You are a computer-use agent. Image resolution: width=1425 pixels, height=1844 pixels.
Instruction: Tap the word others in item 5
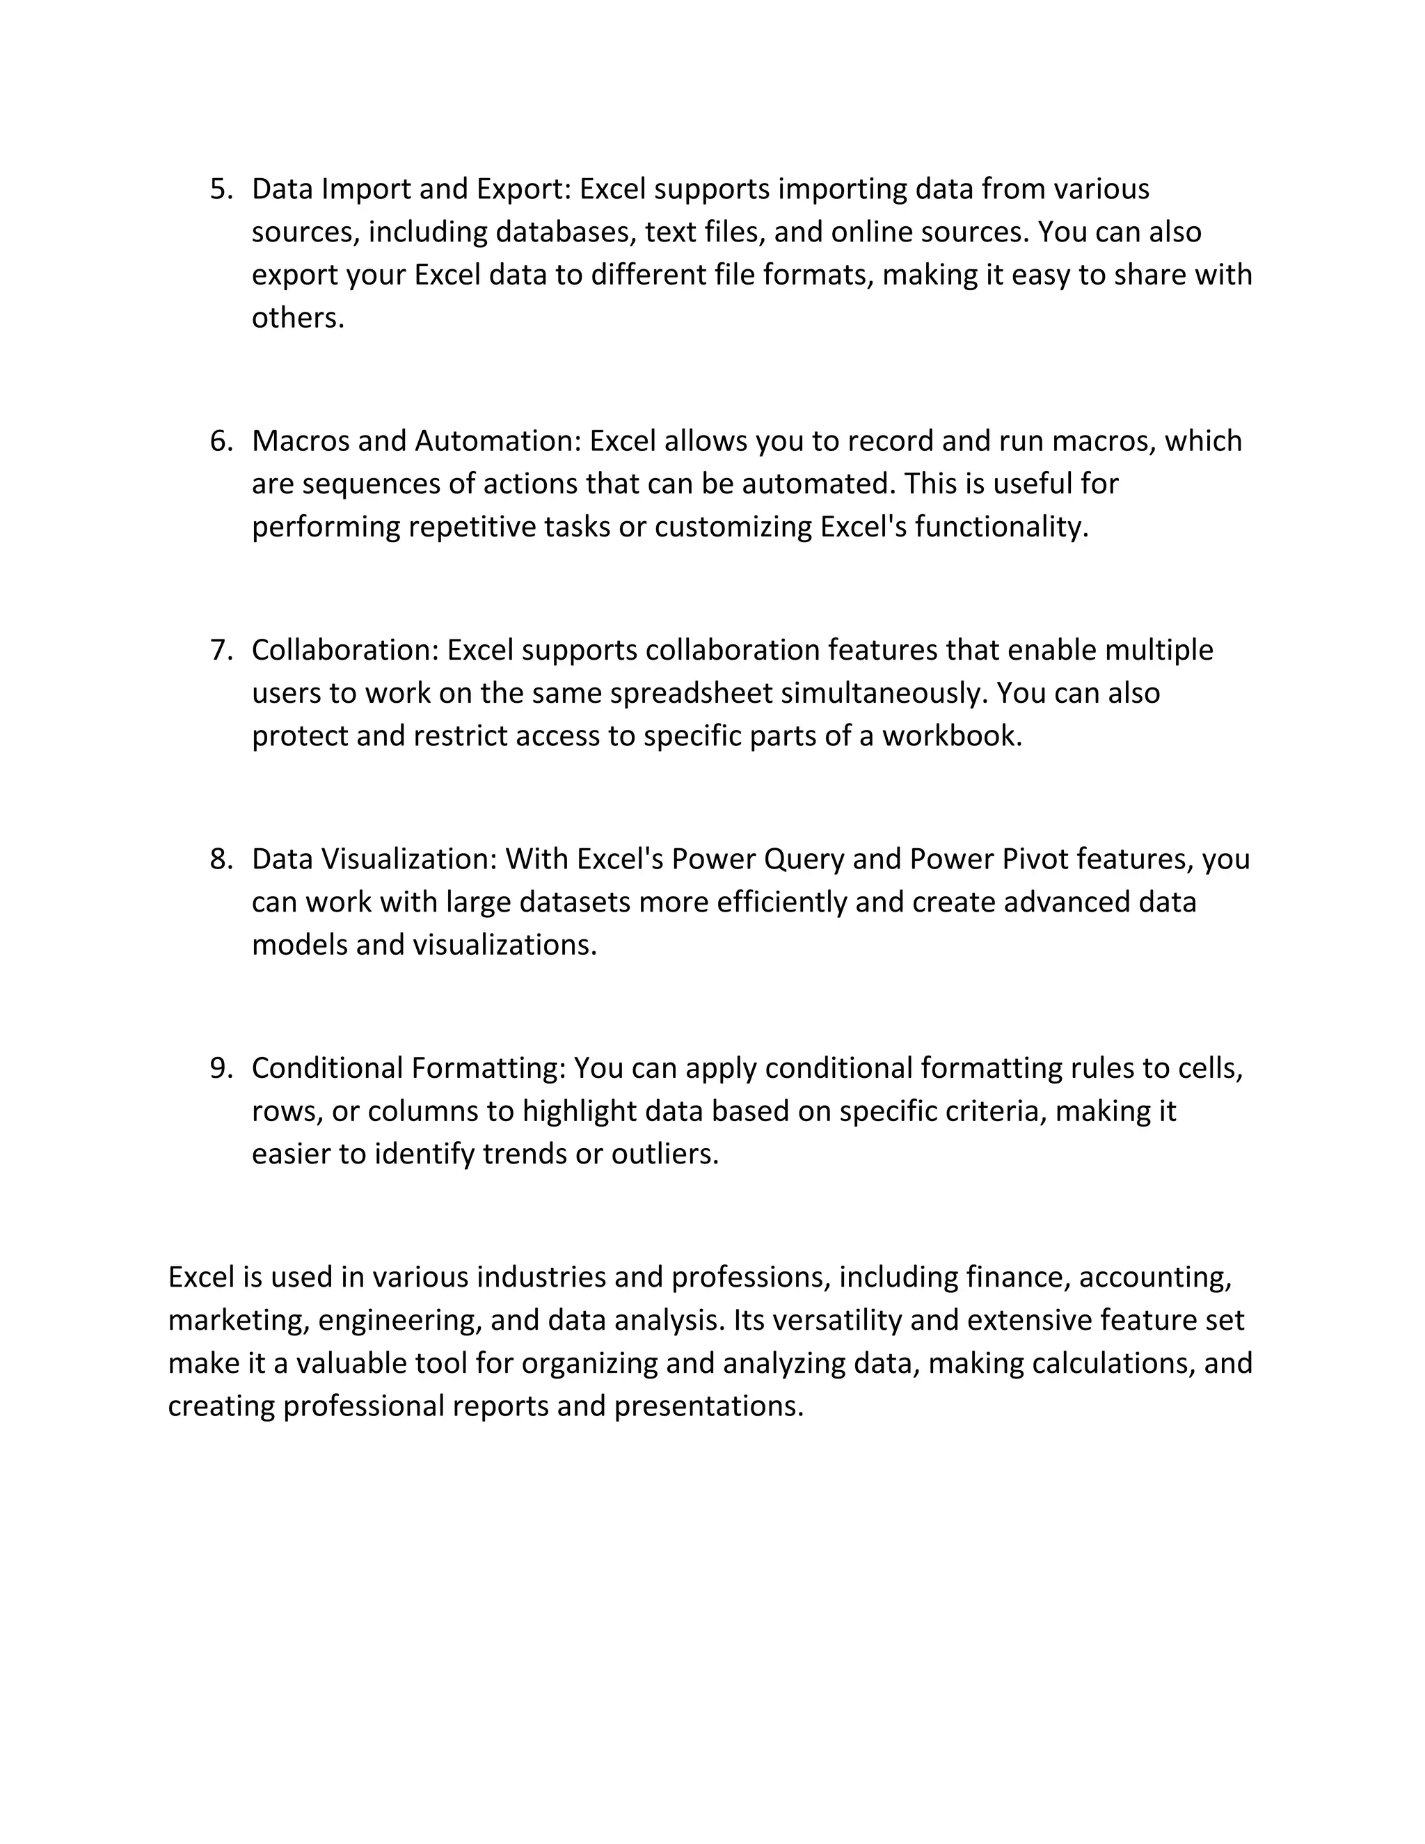(x=297, y=318)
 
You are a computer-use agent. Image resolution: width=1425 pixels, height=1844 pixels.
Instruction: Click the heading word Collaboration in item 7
(x=346, y=650)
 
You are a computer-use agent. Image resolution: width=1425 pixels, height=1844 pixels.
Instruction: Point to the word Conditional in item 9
(x=328, y=1068)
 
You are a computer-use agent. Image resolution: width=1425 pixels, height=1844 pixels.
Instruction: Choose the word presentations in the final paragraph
(x=708, y=1406)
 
